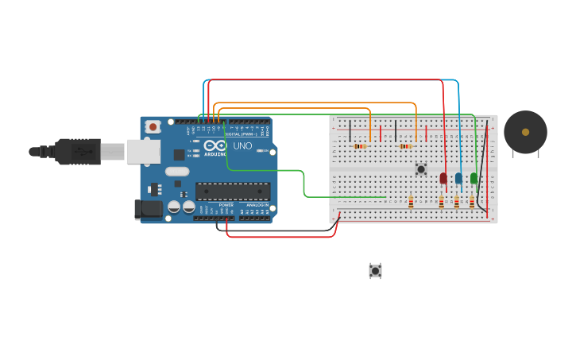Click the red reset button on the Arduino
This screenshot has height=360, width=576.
pos(152,126)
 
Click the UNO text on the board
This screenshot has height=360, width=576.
pos(242,145)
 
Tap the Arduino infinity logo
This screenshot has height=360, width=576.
pos(215,145)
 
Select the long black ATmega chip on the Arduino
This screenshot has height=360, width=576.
pos(233,191)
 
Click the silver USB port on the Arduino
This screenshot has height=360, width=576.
pos(143,151)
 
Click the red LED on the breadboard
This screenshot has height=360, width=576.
pos(443,179)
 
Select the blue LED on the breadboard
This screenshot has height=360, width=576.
pos(458,179)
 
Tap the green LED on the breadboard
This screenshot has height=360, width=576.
pos(474,179)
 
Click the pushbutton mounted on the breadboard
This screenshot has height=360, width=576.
pos(421,168)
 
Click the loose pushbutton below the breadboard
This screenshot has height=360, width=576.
pos(375,271)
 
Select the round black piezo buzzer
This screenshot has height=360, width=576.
pos(525,132)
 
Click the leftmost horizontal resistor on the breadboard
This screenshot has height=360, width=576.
pos(360,146)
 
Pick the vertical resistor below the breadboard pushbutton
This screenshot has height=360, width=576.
pos(411,202)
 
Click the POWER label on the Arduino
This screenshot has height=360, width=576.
pos(226,204)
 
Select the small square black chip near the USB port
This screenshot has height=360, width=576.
pos(180,155)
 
